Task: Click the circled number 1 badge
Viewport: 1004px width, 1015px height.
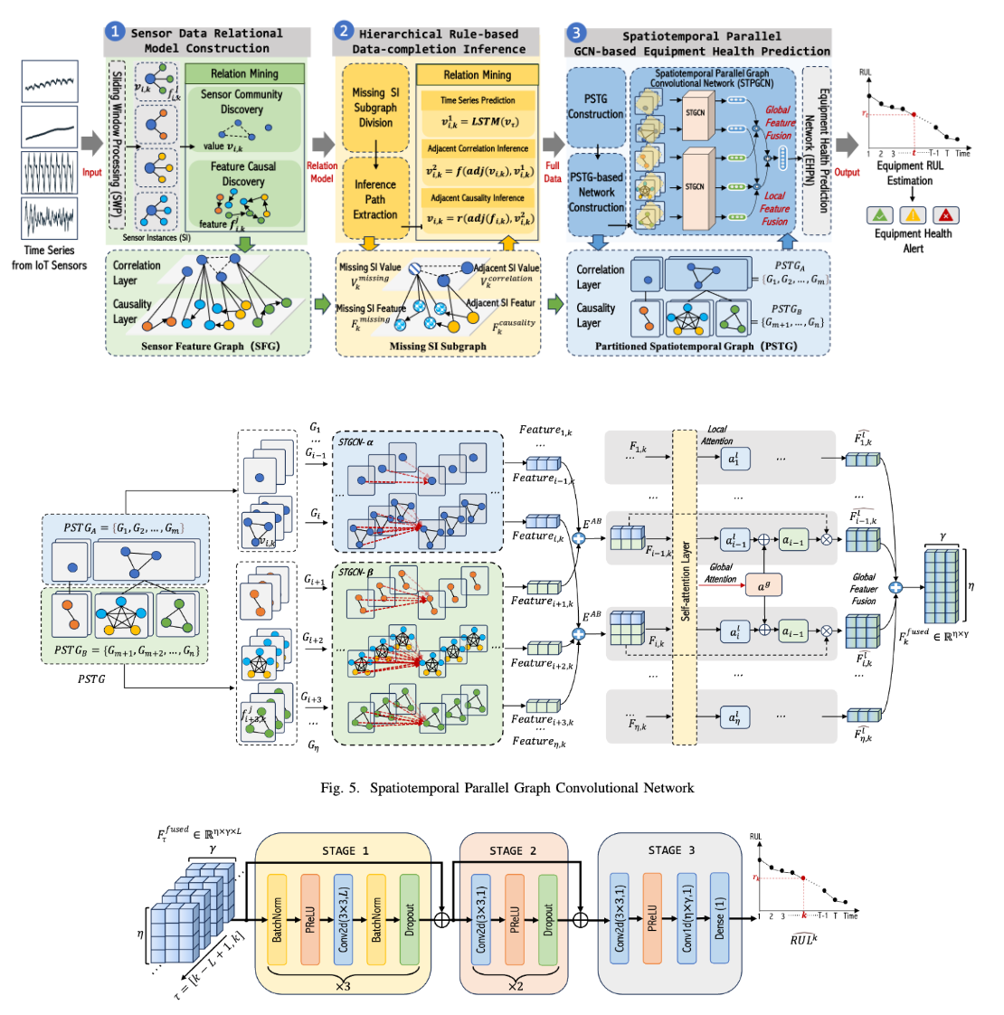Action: tap(115, 32)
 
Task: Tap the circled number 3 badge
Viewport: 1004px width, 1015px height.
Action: tap(576, 33)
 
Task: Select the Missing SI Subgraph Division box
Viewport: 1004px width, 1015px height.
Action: tap(375, 107)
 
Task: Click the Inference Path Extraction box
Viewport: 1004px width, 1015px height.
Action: tap(375, 200)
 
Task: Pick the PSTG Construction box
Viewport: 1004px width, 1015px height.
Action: tap(595, 107)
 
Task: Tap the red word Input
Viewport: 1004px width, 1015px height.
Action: tap(92, 172)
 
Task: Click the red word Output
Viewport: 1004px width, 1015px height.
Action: tap(848, 172)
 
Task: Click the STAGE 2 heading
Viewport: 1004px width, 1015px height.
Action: tap(514, 850)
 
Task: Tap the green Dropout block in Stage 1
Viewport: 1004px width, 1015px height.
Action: tap(409, 918)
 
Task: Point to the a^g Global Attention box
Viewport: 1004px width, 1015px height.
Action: tap(762, 585)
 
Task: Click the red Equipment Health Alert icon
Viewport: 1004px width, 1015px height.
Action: tap(945, 215)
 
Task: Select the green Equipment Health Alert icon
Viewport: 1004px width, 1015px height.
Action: tap(879, 215)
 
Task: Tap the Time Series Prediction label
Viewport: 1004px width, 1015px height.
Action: tap(478, 100)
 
